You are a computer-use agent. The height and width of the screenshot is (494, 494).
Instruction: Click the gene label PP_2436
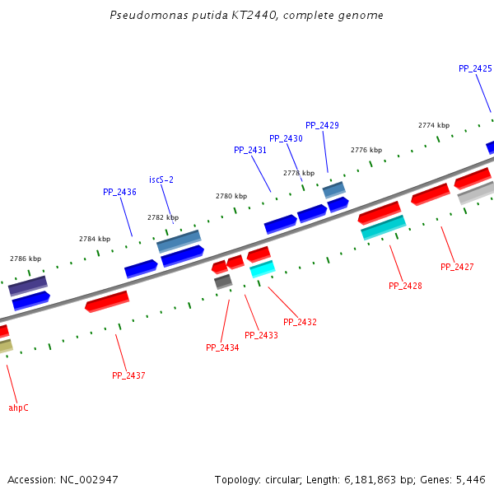pos(119,192)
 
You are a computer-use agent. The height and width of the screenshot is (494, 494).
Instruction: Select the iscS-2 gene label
pos(161,179)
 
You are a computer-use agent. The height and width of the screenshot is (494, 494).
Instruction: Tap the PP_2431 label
pos(250,151)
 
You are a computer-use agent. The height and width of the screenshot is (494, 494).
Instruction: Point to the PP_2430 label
pos(286,138)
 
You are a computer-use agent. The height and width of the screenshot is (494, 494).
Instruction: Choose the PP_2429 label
pos(322,125)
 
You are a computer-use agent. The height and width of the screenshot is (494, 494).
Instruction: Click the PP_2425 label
pos(475,69)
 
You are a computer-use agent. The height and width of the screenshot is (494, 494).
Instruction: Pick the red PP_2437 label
pos(128,375)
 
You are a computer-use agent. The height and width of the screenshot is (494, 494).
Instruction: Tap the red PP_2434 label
pos(222,348)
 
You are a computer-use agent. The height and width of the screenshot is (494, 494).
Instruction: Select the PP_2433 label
pos(261,335)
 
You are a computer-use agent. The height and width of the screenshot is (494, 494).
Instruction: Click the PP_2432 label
pos(300,322)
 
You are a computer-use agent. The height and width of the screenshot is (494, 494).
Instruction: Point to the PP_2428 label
pos(405,286)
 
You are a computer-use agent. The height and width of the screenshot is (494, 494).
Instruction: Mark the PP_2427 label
pos(457,267)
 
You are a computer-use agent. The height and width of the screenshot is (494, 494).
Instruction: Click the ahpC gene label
pos(18,408)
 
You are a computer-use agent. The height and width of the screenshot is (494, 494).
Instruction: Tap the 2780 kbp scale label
pos(231,197)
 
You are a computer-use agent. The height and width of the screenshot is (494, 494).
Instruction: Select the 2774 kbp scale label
pos(434,125)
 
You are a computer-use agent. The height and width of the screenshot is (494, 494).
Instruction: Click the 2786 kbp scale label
pos(26,259)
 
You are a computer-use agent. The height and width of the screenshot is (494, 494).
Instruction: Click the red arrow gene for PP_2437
pos(107,301)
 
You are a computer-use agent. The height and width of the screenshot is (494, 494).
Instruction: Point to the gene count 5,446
pos(471,479)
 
